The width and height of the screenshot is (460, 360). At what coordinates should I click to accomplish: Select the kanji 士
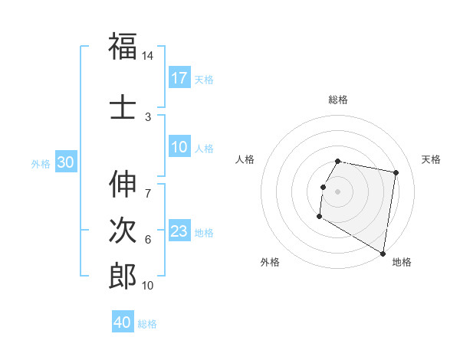123,107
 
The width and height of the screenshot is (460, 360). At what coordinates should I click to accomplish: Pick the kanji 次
123,231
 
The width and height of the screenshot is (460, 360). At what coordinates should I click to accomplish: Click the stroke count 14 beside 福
148,56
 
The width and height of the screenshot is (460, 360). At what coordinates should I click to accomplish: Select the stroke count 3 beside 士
148,116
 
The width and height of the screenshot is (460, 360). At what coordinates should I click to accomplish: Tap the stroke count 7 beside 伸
148,185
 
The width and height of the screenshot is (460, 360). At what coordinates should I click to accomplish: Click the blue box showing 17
179,77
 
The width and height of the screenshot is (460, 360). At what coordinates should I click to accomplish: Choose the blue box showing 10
179,147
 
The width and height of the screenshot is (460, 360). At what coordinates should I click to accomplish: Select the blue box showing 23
179,231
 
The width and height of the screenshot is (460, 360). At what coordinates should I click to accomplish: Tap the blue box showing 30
65,162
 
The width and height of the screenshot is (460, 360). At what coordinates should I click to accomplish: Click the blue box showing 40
123,322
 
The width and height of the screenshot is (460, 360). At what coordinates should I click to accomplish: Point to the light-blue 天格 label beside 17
204,79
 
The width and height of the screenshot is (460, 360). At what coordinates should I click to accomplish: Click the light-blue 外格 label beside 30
40,164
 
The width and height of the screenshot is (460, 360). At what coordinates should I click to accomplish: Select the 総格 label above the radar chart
338,100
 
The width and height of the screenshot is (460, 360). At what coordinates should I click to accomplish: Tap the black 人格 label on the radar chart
245,159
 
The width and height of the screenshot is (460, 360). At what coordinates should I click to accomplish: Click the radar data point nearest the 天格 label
396,174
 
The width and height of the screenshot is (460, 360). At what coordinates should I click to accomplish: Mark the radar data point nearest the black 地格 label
383,254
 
